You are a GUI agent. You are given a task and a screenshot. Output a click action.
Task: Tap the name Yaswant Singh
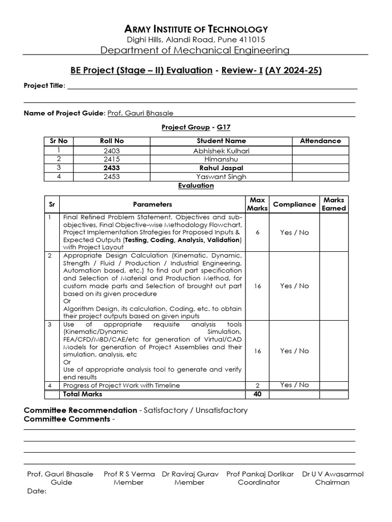pos(221,176)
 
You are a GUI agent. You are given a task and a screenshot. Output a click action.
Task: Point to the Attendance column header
pos(320,141)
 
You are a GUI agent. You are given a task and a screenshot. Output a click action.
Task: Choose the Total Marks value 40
pos(257,394)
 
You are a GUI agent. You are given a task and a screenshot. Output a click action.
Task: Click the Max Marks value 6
pos(257,232)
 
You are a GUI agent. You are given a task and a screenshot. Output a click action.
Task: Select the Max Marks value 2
pos(257,385)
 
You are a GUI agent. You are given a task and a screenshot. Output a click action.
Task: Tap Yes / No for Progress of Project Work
pos(295,385)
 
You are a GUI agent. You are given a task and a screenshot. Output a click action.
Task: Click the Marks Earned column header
pos(334,204)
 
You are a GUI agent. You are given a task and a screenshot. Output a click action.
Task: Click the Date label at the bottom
pos(36,491)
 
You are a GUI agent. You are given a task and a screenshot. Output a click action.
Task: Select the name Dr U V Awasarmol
pos(332,474)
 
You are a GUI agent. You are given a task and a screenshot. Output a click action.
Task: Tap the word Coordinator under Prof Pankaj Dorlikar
pos(259,482)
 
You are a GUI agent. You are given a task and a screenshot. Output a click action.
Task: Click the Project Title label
pos(44,85)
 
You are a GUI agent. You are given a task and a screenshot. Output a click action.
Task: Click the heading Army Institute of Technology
pos(196,29)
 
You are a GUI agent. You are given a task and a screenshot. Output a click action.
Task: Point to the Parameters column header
pos(152,204)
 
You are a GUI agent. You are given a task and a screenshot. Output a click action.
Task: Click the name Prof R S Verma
pos(129,474)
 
